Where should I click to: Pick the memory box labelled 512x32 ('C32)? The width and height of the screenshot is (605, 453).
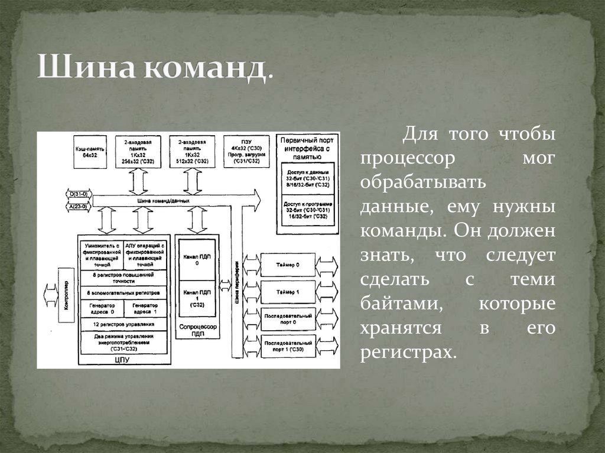[193, 152]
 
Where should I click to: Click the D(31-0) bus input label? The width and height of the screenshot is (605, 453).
[77, 194]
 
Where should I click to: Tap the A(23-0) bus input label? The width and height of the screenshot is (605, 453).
[77, 207]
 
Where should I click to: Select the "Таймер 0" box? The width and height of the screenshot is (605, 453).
[289, 265]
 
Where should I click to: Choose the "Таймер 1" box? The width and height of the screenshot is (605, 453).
[289, 292]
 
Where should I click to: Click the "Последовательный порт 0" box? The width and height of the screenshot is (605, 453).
[289, 319]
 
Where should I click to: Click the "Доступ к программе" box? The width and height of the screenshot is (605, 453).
[306, 210]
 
